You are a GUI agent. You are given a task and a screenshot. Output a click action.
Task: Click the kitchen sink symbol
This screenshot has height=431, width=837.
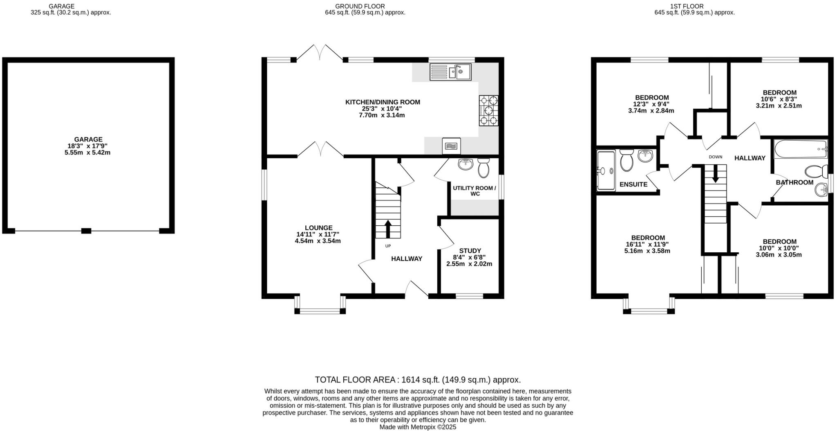[450, 72]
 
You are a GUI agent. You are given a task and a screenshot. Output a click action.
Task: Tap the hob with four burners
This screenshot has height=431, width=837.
[488, 110]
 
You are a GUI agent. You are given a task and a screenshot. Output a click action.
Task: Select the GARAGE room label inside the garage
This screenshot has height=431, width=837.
[88, 139]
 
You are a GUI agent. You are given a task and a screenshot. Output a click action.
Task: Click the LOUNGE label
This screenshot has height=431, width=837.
[318, 228]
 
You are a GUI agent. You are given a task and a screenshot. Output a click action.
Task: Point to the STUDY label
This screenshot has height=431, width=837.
[470, 251]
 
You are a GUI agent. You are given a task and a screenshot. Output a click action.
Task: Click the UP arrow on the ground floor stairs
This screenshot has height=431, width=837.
[387, 229]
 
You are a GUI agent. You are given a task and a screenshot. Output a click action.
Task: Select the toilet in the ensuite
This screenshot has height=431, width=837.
[627, 160]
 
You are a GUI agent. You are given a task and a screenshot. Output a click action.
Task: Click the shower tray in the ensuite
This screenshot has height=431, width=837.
[606, 171]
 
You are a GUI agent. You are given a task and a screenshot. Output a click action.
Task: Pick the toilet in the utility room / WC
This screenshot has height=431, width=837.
[483, 168]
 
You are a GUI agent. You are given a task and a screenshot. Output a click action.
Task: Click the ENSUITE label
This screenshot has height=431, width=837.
[633, 184]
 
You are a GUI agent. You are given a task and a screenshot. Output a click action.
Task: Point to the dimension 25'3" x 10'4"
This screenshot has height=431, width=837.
[382, 109]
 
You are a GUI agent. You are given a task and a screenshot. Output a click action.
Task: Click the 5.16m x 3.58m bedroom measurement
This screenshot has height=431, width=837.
[647, 251]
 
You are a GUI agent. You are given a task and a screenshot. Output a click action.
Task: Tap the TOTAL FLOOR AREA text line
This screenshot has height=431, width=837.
[418, 379]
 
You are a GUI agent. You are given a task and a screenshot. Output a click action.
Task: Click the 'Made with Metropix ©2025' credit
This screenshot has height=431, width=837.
[418, 427]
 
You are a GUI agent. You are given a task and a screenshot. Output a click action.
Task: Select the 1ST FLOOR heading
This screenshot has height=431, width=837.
[692, 6]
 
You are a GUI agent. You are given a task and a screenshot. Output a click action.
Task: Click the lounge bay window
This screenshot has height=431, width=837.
[320, 311]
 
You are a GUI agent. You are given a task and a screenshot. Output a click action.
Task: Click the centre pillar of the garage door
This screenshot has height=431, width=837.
[86, 231]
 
